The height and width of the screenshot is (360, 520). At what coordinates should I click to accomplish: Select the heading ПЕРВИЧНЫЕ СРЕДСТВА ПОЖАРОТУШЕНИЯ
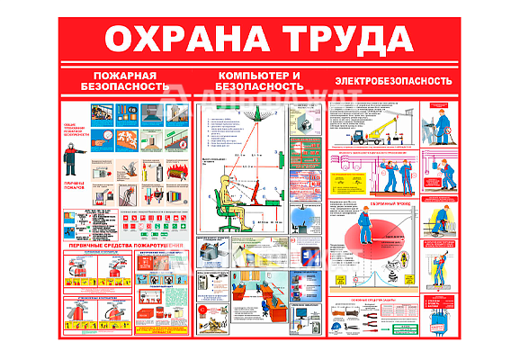point(126,245)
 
